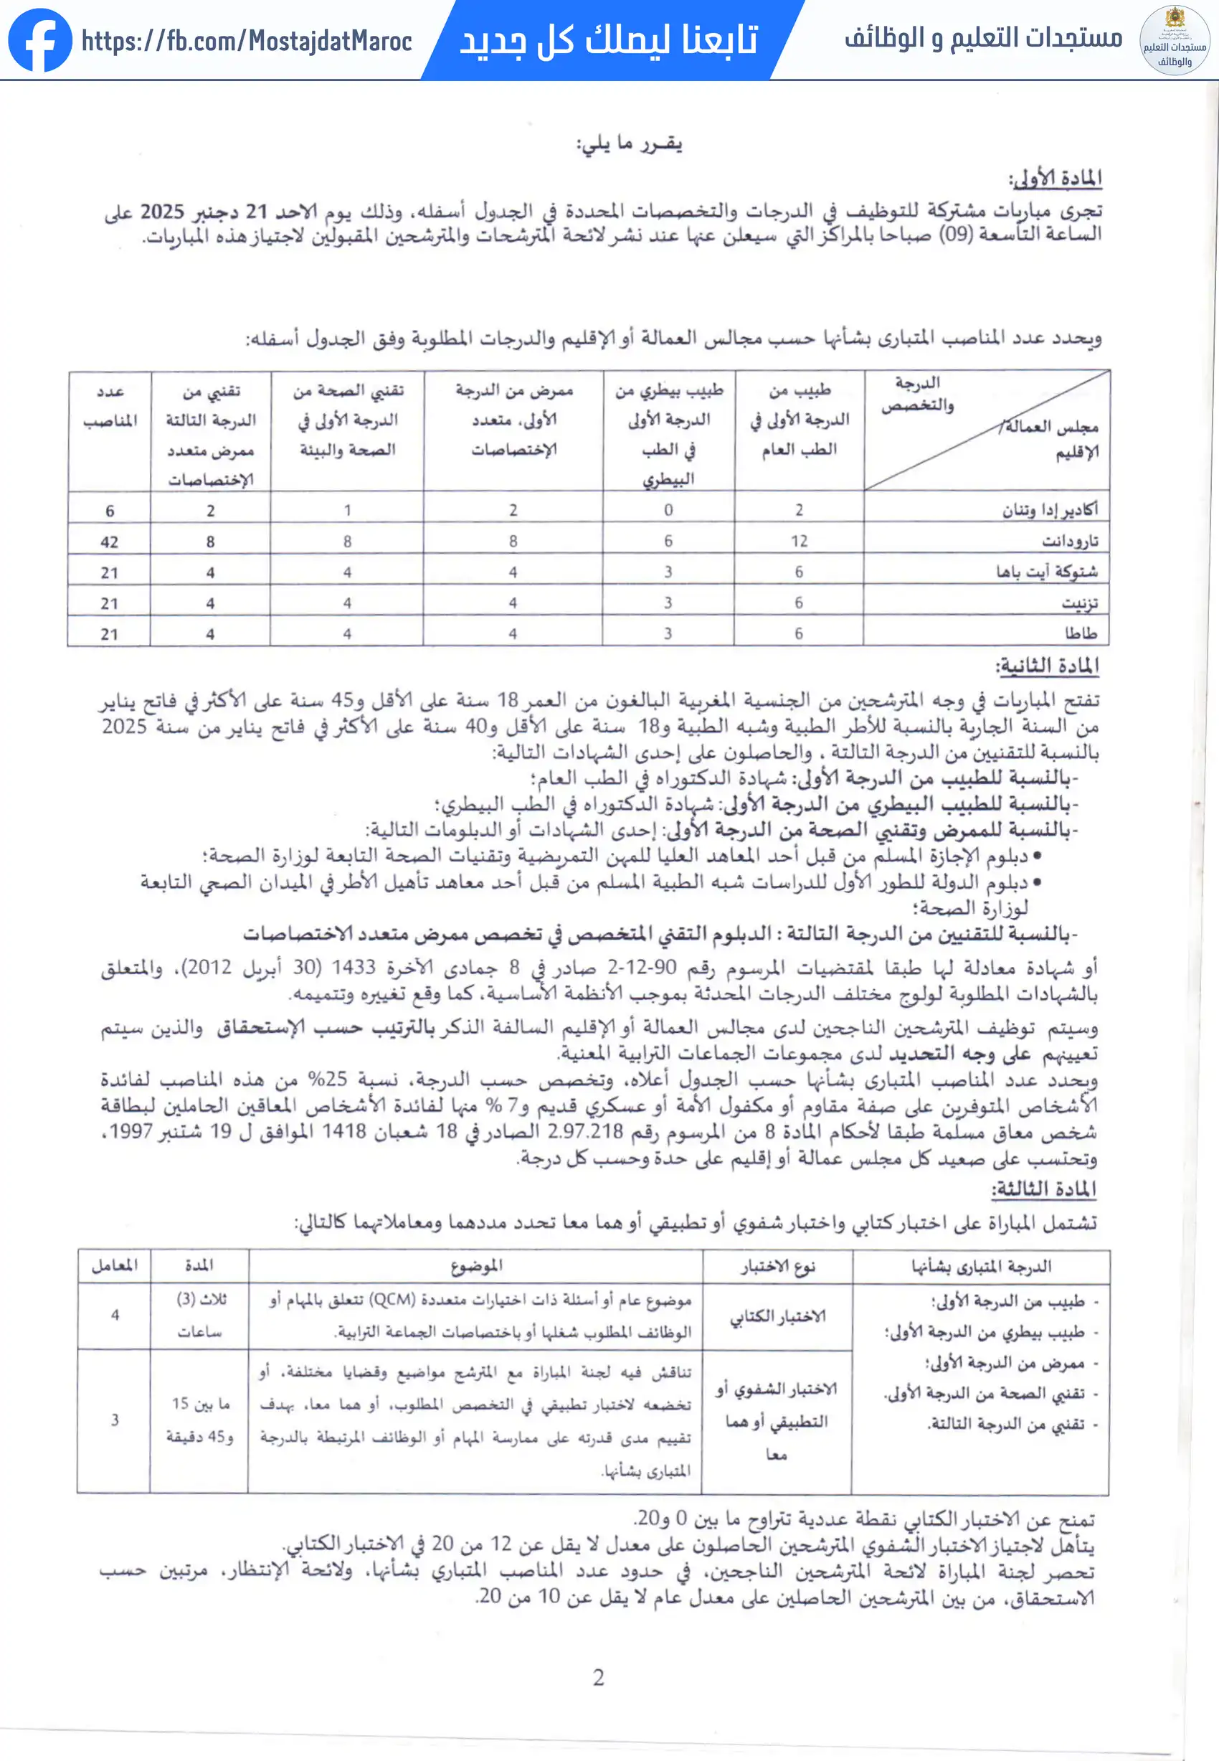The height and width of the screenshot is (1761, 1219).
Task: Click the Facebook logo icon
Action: [39, 39]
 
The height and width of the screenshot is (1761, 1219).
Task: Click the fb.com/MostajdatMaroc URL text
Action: [247, 40]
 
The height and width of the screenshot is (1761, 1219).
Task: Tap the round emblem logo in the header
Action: [1175, 40]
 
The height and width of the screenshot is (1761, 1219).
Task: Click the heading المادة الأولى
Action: [1056, 179]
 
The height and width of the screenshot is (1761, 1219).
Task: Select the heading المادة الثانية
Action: [1048, 666]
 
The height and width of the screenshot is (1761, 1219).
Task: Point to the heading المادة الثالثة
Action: [1044, 1189]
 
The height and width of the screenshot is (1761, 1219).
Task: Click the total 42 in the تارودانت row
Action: [109, 542]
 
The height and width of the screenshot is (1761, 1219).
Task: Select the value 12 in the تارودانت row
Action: [799, 541]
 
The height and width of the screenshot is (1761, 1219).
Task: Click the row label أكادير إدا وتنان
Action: [1050, 509]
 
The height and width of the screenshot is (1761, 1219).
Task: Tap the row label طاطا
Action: [1081, 633]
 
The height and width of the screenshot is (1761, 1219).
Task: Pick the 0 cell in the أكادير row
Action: [668, 509]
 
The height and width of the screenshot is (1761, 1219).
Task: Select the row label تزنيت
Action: [1080, 603]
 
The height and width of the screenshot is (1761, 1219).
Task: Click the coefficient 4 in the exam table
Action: [115, 1315]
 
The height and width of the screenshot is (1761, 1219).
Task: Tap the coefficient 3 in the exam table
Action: [115, 1420]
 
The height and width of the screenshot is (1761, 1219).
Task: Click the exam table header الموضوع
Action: [477, 1266]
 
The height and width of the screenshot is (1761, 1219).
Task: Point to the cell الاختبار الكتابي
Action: [777, 1316]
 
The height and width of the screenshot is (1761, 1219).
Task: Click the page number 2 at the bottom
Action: [599, 1678]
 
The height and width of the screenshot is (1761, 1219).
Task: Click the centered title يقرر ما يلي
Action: [630, 143]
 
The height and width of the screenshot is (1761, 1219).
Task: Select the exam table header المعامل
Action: [115, 1265]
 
